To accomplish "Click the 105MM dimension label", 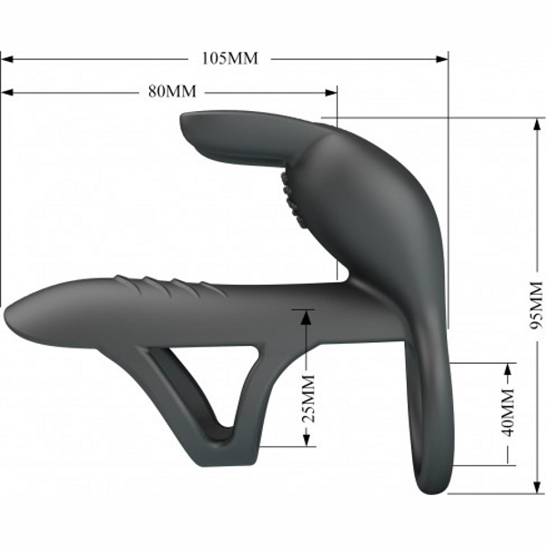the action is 230,59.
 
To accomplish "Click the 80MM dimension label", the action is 172,92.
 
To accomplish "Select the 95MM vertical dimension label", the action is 536,305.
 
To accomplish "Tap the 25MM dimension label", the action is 308,399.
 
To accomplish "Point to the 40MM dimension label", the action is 509,413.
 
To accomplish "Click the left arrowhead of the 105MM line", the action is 7,59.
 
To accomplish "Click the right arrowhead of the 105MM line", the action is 442,59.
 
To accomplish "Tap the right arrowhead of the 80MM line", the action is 331,93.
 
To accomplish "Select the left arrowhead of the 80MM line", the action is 7,93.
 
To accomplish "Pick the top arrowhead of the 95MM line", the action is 536,125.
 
